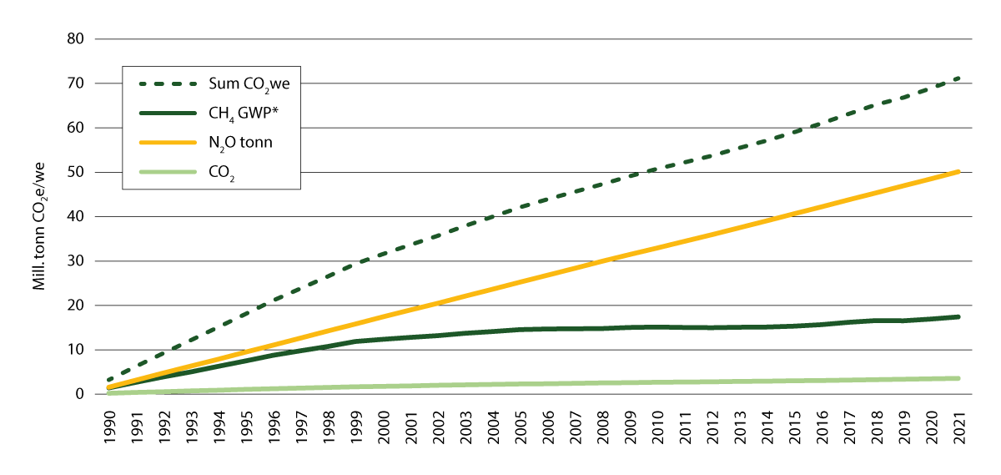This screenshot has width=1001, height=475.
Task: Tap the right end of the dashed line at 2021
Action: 959,78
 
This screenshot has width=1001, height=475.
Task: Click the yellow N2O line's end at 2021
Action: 959,171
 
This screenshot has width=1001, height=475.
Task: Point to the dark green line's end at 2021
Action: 959,316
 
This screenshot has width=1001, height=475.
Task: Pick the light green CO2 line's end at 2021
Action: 959,378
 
